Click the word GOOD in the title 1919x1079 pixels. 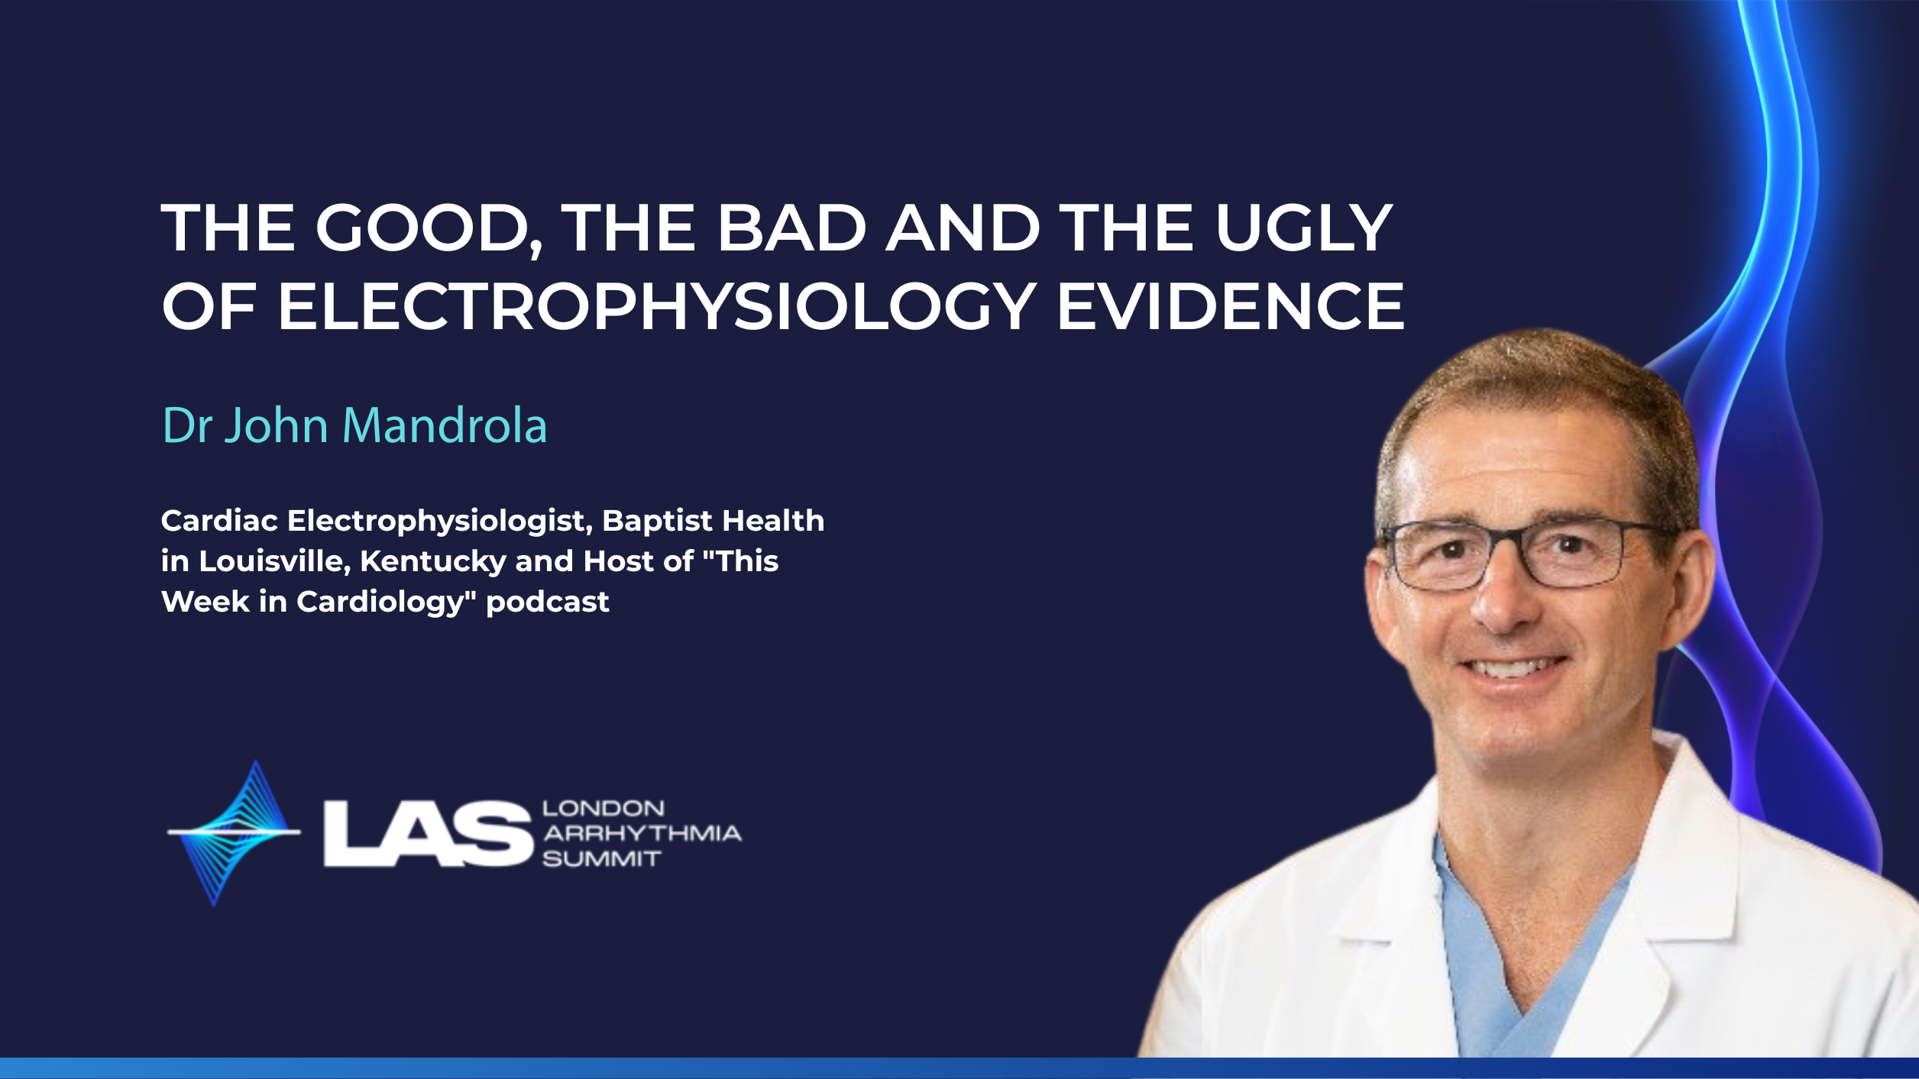[429, 228]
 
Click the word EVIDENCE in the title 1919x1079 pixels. [1231, 306]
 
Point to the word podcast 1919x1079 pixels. [547, 602]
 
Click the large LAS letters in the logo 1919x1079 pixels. [428, 833]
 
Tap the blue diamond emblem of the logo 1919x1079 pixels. [234, 832]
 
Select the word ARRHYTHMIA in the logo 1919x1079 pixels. [642, 833]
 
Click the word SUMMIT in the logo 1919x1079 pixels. [601, 859]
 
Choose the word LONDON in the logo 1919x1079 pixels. [604, 809]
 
